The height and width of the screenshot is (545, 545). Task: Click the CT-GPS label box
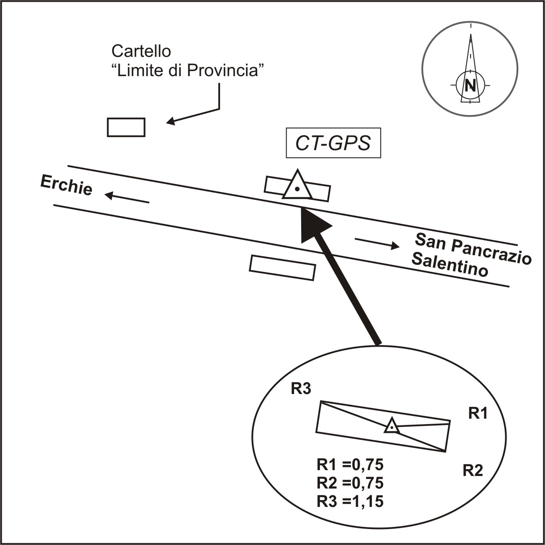(x=333, y=143)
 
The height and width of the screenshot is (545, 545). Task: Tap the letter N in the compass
(x=471, y=85)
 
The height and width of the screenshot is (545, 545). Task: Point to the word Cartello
(x=141, y=51)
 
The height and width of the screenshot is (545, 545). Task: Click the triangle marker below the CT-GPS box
(x=297, y=186)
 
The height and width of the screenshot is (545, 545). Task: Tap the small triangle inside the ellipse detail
(x=391, y=426)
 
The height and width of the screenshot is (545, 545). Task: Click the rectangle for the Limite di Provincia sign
(x=126, y=127)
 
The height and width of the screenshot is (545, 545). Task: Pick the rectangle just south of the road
(x=282, y=267)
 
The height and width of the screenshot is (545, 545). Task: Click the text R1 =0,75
(x=350, y=465)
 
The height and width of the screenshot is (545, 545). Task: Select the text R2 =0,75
(x=350, y=483)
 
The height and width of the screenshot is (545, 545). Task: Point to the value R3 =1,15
(x=350, y=501)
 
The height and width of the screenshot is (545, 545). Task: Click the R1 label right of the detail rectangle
(x=478, y=414)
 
